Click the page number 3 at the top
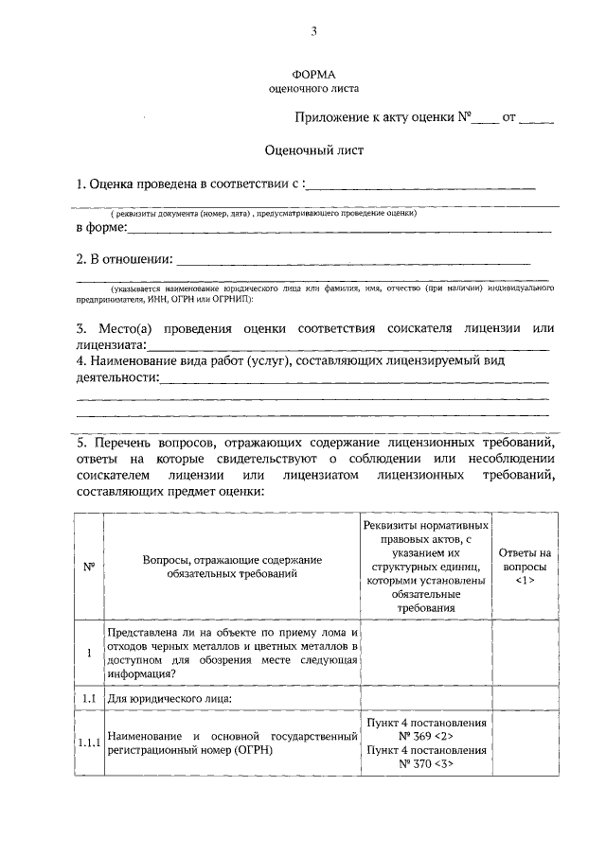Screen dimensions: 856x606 313,31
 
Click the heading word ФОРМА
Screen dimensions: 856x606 313,72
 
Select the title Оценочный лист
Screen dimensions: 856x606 312,149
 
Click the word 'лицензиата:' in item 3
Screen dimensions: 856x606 111,345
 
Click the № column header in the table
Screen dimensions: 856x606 88,567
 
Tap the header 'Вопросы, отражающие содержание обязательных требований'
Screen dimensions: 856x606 232,567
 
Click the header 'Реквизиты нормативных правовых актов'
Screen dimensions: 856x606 426,567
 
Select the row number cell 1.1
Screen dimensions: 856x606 88,698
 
